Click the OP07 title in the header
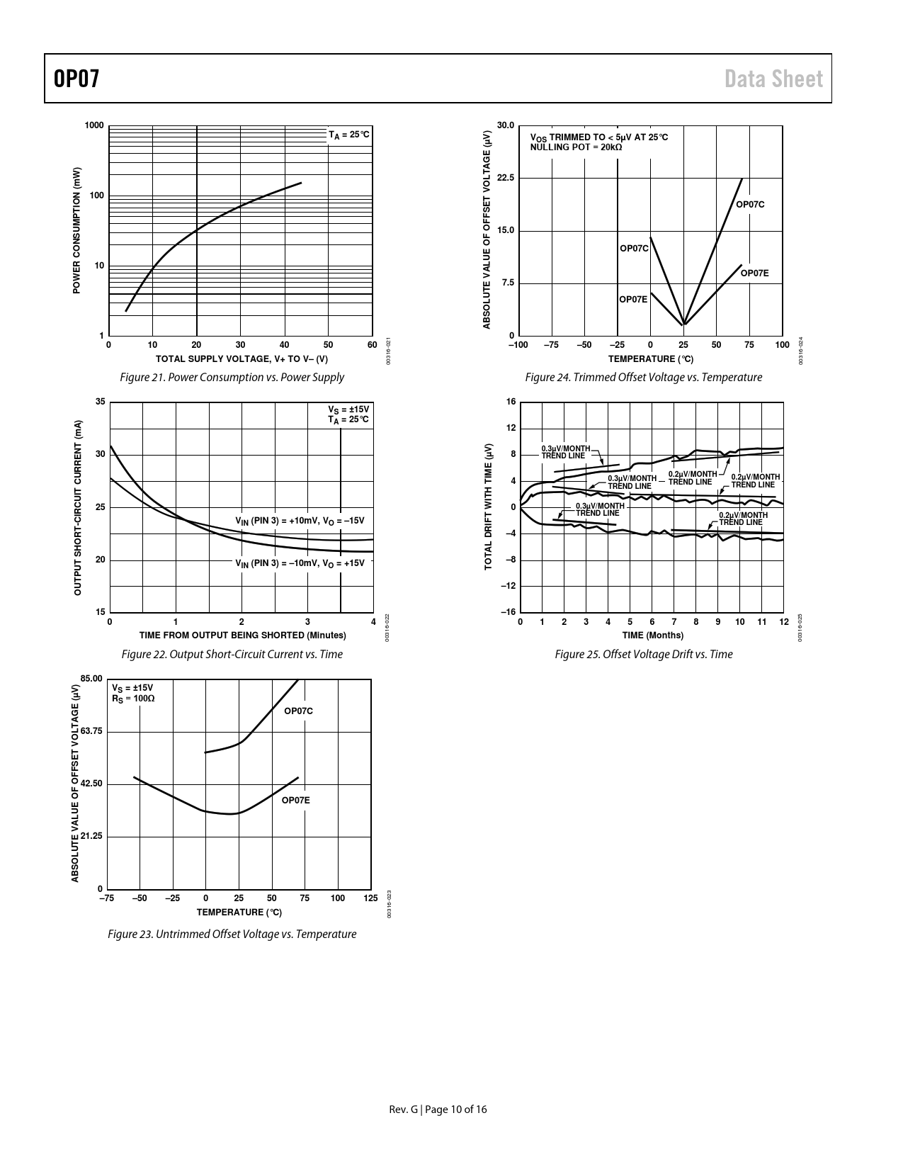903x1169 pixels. pos(76,79)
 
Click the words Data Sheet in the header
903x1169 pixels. pos(773,79)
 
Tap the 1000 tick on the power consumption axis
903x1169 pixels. pos(94,125)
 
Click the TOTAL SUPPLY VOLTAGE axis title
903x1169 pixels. pos(242,359)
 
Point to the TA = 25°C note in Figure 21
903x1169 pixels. pos(348,134)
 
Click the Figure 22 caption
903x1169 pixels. pos(232,655)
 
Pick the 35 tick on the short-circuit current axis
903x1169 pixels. pos(100,402)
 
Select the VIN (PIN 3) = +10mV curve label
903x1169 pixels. pos(300,521)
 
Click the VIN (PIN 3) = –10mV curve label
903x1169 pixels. pos(300,563)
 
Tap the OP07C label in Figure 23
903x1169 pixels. pos(298,711)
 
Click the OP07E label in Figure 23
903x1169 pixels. pos(295,800)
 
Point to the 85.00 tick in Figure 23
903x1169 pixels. pos(91,679)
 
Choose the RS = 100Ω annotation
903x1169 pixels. pos(133,699)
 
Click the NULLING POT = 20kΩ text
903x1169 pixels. pos(576,147)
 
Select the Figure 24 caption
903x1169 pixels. pos(643,378)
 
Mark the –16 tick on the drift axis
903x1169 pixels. pos(509,612)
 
